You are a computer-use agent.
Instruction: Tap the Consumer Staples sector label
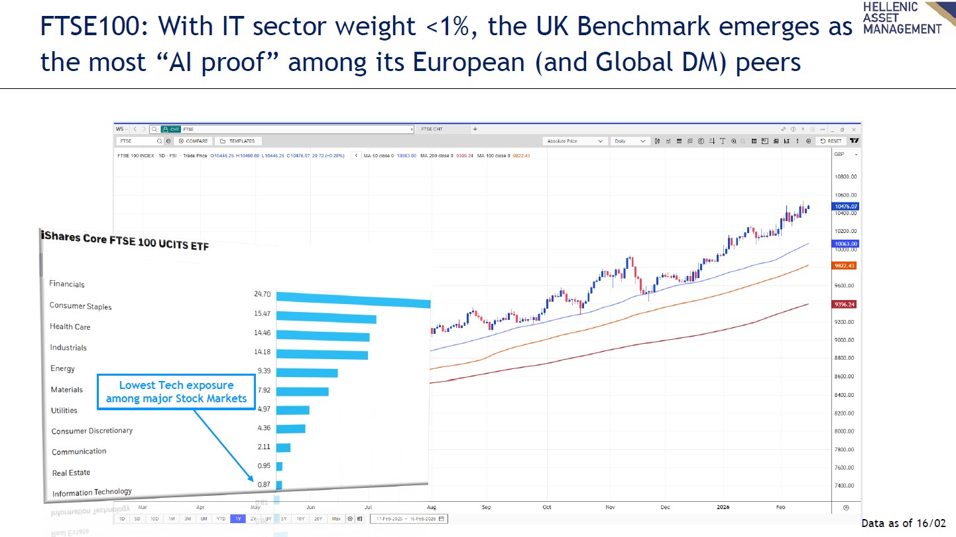[81, 306]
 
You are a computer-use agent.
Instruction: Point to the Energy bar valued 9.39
[307, 372]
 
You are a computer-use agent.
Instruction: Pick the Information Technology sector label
[92, 493]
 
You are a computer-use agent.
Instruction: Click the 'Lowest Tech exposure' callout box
[176, 392]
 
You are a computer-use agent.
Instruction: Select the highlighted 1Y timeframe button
[237, 518]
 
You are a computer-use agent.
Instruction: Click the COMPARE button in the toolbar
[193, 141]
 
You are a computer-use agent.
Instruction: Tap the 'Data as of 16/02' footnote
[903, 523]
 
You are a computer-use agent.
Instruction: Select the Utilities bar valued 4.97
[292, 410]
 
